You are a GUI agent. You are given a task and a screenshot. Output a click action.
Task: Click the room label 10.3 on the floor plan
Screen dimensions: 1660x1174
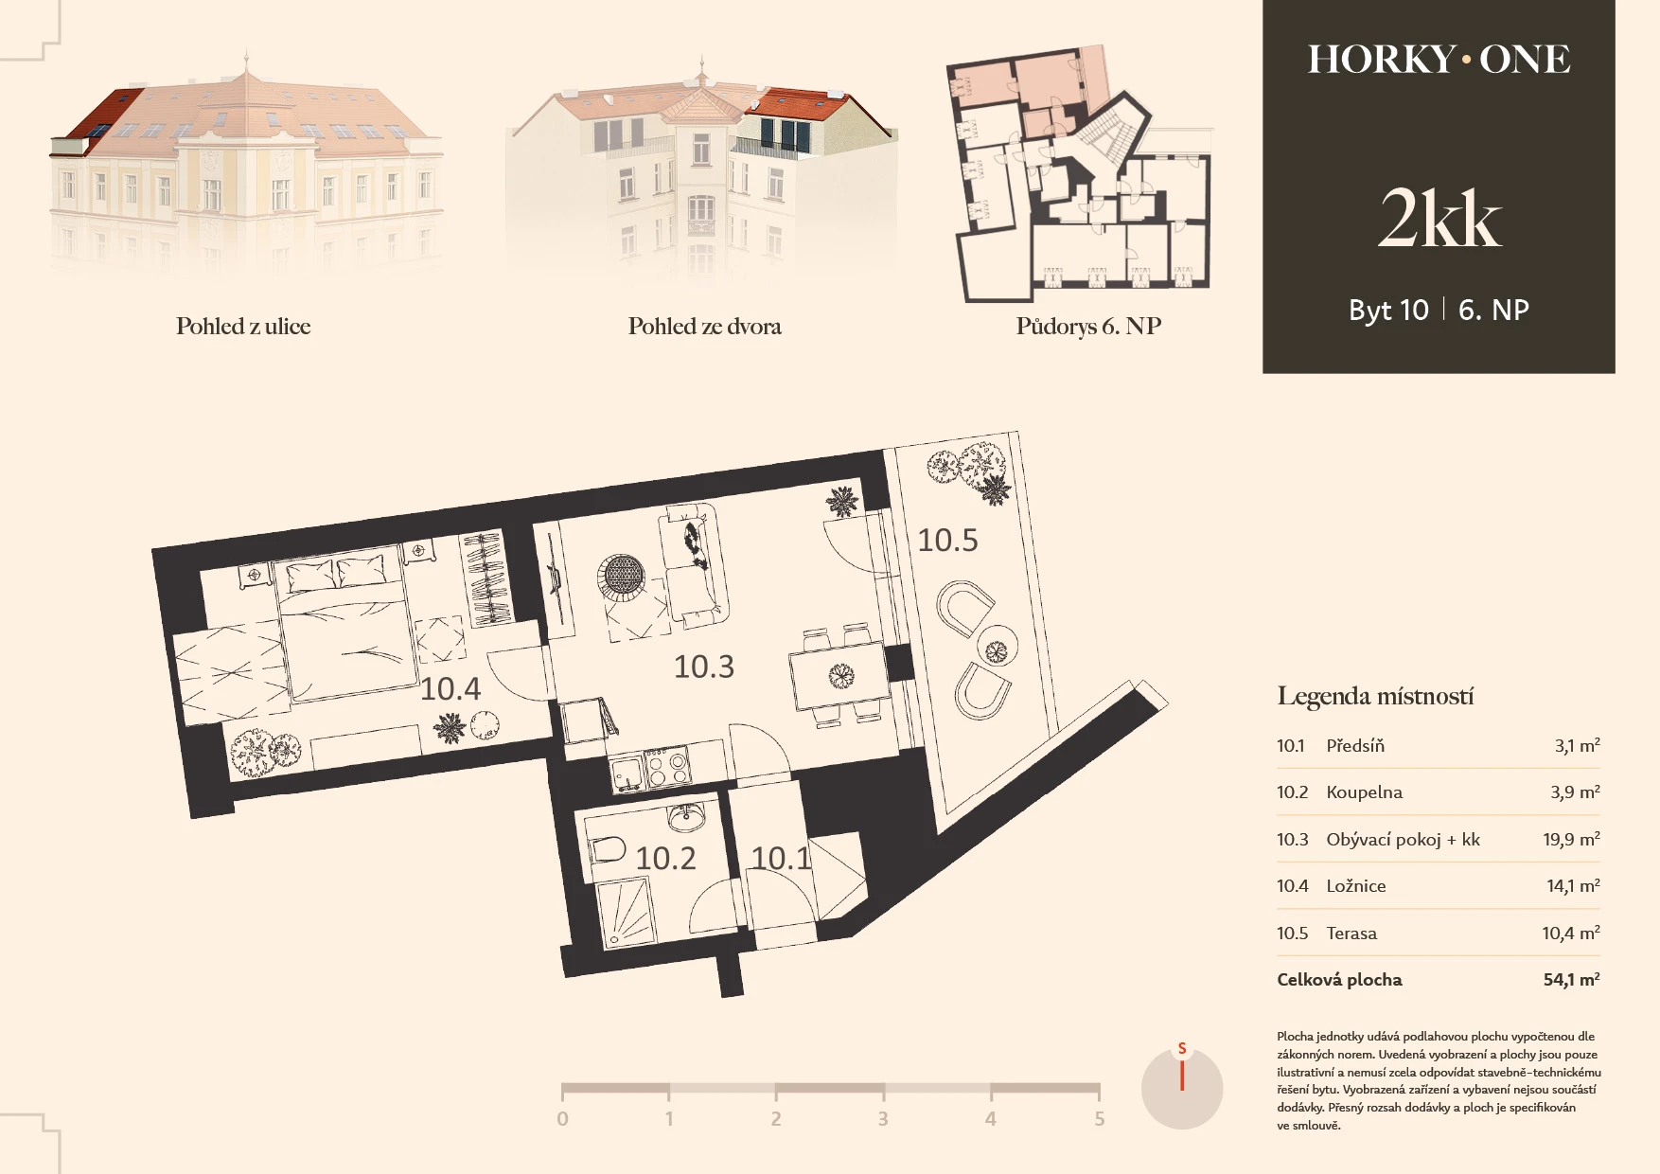703,667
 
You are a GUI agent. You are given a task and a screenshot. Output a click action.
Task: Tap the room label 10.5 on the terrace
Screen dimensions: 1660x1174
947,541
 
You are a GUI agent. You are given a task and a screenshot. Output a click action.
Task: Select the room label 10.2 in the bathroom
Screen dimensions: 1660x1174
665,858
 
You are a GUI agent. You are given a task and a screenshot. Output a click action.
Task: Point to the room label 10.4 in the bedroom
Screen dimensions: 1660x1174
450,688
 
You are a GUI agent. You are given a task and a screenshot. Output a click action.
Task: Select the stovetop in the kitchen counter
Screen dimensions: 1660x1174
668,768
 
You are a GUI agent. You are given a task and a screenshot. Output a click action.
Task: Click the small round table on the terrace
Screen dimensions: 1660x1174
997,649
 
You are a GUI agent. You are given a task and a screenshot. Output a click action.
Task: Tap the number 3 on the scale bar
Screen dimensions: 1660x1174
882,1119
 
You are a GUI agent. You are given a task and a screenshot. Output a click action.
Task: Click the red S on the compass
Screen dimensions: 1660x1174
1182,1049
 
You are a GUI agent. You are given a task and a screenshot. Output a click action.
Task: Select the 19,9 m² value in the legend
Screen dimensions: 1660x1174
1571,839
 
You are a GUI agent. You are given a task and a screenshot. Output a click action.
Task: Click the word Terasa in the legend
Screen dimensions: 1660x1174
1351,934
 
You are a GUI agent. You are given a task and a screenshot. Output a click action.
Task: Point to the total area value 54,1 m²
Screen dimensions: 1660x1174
1571,980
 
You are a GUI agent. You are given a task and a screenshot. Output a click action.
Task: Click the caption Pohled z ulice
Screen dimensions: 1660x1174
243,327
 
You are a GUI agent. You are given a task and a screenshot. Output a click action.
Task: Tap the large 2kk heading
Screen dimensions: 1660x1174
1439,220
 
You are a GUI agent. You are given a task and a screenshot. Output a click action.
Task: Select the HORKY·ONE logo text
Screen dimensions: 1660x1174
1439,60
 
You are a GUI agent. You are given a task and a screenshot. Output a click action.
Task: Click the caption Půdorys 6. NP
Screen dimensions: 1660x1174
1088,327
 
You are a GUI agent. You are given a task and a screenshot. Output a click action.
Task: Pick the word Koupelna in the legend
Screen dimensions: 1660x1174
1364,792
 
